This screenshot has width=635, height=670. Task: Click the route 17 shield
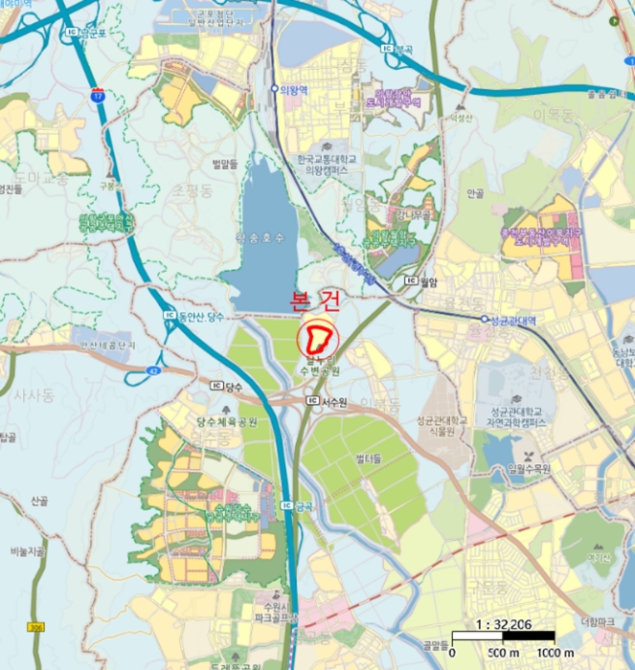[98, 95]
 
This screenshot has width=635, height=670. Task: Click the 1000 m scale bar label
[556, 653]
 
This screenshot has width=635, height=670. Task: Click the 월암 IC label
[426, 281]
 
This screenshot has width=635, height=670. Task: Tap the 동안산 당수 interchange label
[200, 316]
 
